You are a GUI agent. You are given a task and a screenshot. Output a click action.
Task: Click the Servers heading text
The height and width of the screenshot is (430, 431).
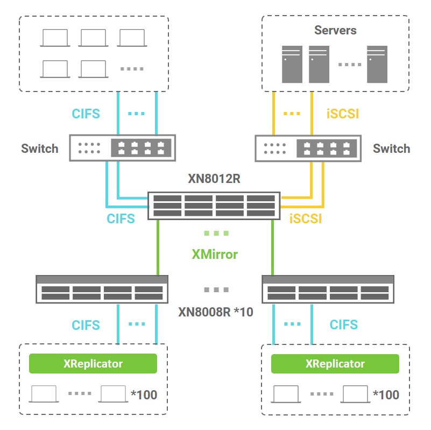(335, 30)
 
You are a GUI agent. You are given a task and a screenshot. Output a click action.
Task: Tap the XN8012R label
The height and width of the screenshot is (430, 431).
(214, 179)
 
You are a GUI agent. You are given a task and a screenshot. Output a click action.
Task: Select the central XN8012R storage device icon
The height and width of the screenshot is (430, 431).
(214, 206)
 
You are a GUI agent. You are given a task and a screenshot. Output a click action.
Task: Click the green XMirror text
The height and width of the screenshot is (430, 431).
(215, 254)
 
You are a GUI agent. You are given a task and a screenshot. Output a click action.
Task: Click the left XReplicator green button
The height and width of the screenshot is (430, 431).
(93, 364)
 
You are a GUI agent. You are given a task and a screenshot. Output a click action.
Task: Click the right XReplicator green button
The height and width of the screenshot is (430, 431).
(335, 364)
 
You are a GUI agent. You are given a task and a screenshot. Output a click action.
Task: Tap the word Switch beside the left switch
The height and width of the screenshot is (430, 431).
(40, 149)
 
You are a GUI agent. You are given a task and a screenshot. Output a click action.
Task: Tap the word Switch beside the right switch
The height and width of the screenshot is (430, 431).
(391, 149)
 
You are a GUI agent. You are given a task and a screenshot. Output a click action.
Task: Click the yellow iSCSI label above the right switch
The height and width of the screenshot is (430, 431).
(343, 114)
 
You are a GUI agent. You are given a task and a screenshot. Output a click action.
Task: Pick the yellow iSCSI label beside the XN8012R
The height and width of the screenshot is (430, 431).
(306, 219)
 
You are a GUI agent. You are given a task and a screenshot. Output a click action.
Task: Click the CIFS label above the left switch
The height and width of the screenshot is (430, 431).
(86, 114)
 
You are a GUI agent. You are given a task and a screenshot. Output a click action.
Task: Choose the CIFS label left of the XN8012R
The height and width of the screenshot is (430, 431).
(125, 219)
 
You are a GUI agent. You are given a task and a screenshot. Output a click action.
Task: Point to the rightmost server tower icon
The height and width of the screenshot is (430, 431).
(377, 64)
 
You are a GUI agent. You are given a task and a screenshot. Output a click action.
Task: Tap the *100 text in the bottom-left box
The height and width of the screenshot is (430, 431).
(144, 395)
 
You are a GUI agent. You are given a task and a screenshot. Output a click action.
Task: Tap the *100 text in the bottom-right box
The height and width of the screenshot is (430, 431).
(386, 395)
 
